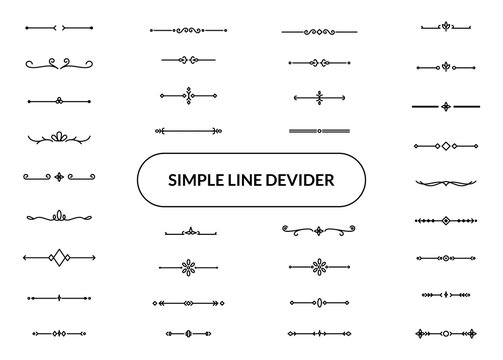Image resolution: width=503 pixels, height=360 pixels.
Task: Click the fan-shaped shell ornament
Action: click(x=59, y=134)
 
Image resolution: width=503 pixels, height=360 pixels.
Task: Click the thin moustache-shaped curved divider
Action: click(x=442, y=183)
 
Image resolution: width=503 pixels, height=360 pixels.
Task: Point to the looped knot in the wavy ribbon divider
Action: click(x=59, y=215)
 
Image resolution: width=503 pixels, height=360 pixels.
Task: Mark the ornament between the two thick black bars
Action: click(x=442, y=105)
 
